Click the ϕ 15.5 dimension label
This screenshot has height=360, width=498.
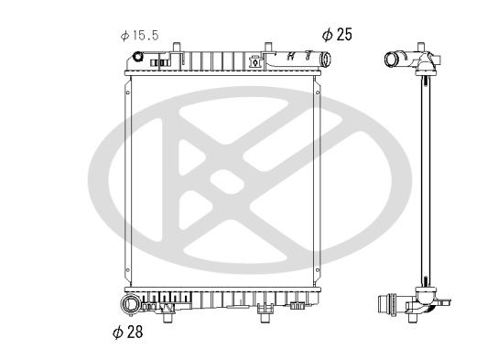point(140,36)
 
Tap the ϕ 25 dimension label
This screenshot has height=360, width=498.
point(337,34)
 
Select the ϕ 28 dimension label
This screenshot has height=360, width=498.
point(128,332)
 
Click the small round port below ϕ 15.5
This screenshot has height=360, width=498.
point(138,57)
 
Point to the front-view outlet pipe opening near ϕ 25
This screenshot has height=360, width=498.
point(326,60)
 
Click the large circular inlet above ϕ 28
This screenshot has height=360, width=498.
point(130,304)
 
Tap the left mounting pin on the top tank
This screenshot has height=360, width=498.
point(177,47)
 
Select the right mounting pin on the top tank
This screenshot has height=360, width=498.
point(268,47)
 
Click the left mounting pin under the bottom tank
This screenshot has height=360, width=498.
point(168,318)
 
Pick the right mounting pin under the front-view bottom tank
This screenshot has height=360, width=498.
point(265,318)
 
